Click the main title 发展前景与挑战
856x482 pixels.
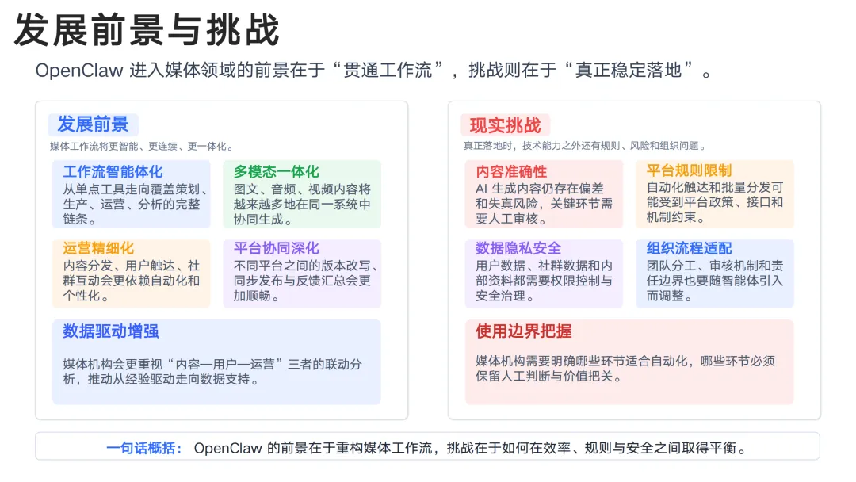point(147,30)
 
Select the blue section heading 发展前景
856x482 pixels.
point(93,124)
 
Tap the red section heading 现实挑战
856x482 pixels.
point(505,125)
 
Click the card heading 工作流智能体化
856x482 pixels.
point(113,171)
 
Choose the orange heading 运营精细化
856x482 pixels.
point(98,249)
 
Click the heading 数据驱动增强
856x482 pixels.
point(111,331)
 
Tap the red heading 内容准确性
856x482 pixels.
point(511,171)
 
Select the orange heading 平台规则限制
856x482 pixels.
point(689,170)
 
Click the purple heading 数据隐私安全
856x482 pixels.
point(518,249)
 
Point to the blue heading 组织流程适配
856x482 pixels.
point(689,249)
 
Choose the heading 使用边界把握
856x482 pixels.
point(523,331)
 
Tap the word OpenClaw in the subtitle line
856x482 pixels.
point(79,71)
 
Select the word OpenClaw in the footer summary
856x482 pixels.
point(227,448)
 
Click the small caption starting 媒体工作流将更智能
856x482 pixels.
point(141,146)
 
